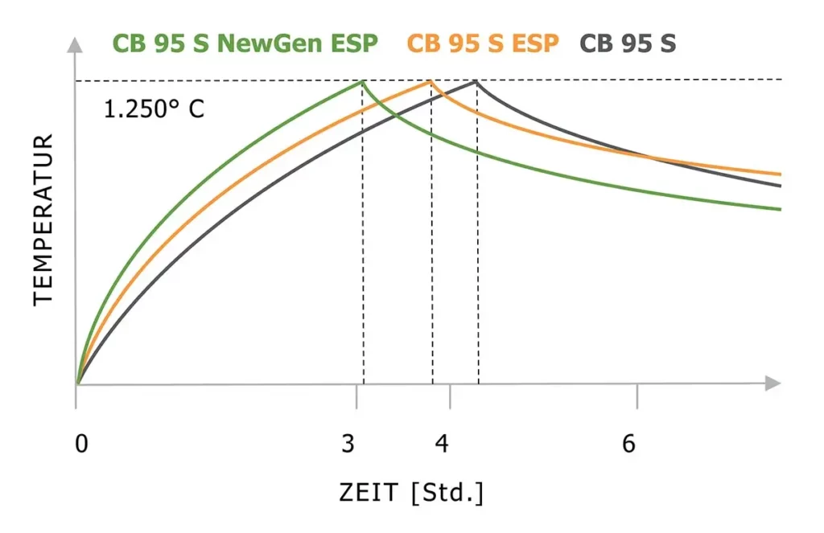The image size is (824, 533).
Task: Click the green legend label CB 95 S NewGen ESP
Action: pyautogui.click(x=245, y=43)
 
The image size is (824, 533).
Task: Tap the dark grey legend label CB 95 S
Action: pyautogui.click(x=628, y=43)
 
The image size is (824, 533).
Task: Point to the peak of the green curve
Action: pyautogui.click(x=362, y=81)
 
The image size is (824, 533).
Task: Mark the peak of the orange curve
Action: pyautogui.click(x=431, y=80)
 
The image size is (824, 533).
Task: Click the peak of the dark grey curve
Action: pyautogui.click(x=476, y=80)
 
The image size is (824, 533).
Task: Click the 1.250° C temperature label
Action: pyautogui.click(x=154, y=109)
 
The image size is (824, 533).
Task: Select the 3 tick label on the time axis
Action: pyautogui.click(x=348, y=444)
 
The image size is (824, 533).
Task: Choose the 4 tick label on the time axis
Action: pyautogui.click(x=441, y=444)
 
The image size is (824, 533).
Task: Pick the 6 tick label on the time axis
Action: pyautogui.click(x=629, y=444)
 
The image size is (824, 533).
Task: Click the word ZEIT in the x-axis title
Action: pyautogui.click(x=369, y=492)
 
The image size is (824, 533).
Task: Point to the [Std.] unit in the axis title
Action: pyautogui.click(x=447, y=492)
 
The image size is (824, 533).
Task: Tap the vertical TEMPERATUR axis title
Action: pyautogui.click(x=43, y=219)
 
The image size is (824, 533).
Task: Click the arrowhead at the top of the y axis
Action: pyautogui.click(x=76, y=43)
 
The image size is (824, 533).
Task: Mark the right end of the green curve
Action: pyautogui.click(x=780, y=209)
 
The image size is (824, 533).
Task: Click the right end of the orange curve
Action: pyautogui.click(x=780, y=174)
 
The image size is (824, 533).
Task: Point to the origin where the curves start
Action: pyautogui.click(x=76, y=383)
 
